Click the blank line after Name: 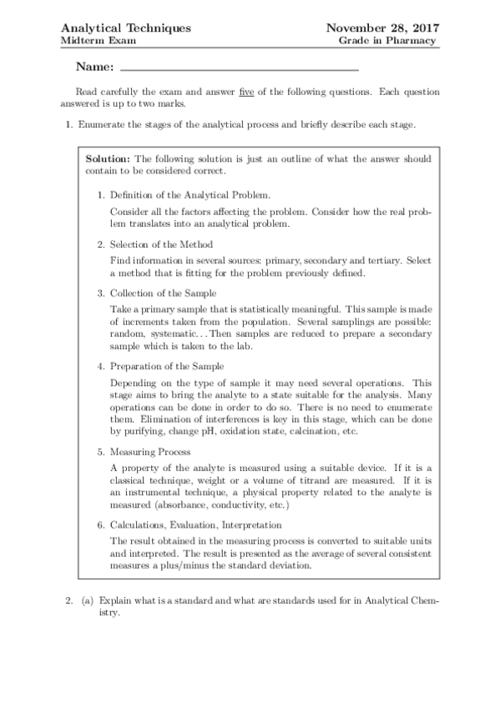240,67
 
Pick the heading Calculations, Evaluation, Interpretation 196,524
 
